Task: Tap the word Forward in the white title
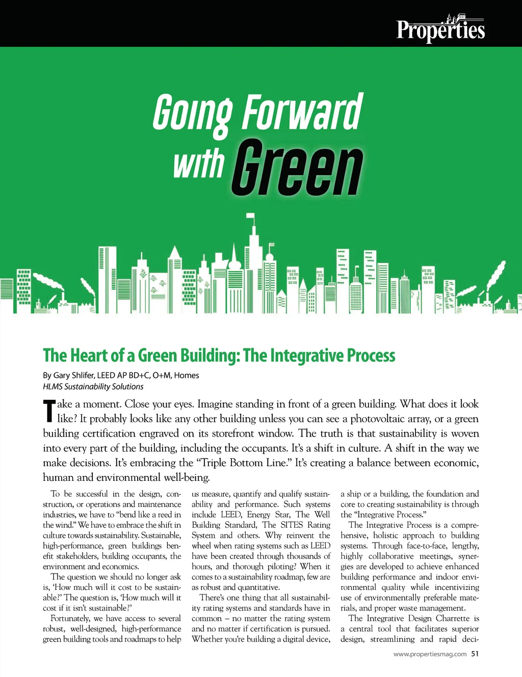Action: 303,112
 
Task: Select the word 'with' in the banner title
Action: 199,164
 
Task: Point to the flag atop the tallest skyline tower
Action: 250,217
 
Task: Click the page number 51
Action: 475,654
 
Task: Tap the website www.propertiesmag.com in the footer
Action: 430,655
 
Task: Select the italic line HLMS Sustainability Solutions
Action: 93,387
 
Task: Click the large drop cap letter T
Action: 49,411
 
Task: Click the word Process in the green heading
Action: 371,355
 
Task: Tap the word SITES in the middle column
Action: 292,525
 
